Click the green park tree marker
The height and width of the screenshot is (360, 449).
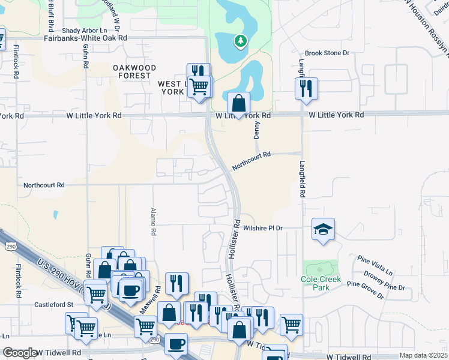click(241, 41)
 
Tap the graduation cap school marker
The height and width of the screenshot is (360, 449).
click(323, 229)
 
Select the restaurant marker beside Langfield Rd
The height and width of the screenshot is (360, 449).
click(306, 88)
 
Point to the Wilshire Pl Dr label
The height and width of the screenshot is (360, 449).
click(262, 228)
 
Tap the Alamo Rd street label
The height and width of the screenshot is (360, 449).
click(153, 221)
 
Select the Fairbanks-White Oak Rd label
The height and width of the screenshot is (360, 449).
click(86, 37)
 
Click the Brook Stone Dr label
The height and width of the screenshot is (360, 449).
click(327, 53)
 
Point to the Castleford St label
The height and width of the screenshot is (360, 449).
click(53, 305)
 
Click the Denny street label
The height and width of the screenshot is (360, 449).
click(257, 127)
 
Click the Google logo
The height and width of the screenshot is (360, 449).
click(20, 353)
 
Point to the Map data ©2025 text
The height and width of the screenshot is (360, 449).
click(423, 355)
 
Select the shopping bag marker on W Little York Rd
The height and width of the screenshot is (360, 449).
click(239, 103)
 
